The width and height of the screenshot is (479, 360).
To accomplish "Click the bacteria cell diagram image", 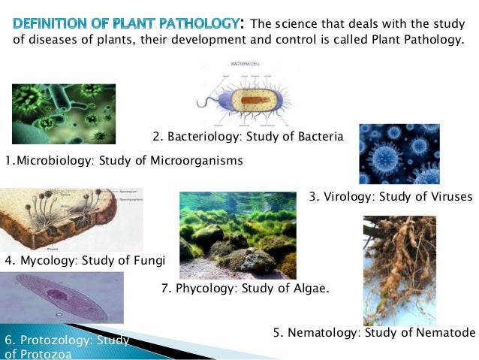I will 247,97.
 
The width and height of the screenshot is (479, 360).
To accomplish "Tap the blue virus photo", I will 399,154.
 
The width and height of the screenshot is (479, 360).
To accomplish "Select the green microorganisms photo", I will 64,113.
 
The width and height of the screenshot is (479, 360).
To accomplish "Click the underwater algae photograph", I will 237,234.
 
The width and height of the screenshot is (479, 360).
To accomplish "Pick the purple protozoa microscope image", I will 62,298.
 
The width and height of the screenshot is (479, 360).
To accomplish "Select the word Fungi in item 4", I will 149,261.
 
